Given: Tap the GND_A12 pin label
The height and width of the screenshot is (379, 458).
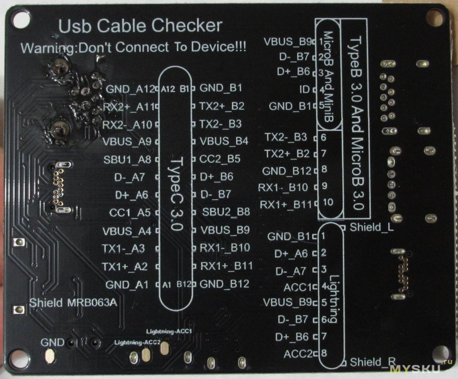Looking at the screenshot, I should click(x=131, y=89).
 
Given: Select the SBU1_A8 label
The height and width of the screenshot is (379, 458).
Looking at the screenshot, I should click(x=128, y=159).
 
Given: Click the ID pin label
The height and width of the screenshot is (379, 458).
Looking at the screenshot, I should click(x=304, y=89).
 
